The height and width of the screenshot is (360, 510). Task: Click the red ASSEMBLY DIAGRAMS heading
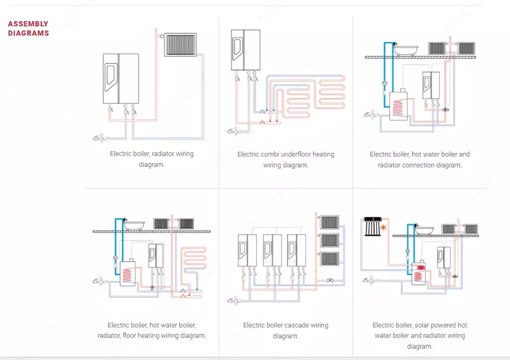(x=28, y=29)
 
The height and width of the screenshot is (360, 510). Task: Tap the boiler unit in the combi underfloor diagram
(x=245, y=50)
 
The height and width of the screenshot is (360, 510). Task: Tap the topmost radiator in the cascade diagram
(x=329, y=222)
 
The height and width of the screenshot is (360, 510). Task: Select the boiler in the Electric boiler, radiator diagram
(x=121, y=78)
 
